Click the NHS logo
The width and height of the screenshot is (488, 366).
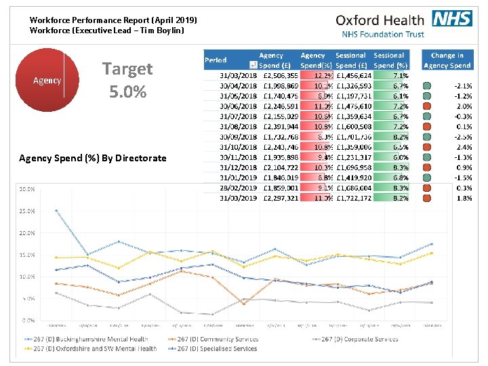452,18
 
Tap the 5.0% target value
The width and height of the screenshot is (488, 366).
127,91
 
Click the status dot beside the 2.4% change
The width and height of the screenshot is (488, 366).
426,147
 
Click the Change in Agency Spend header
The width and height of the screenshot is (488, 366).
447,60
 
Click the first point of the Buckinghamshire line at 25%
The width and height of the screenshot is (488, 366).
56,211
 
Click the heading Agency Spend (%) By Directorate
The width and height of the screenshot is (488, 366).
92,158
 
